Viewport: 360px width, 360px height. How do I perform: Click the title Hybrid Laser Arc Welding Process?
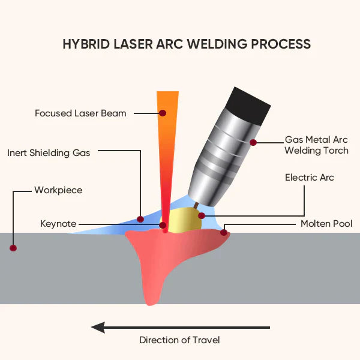(187, 44)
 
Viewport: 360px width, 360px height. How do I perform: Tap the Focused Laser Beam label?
(80, 113)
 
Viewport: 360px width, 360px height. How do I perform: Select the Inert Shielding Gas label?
(49, 152)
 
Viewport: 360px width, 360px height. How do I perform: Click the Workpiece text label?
(58, 190)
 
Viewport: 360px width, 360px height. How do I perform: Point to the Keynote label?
(58, 224)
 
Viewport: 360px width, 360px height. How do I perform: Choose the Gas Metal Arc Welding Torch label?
(316, 145)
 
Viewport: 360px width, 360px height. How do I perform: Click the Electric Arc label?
(309, 178)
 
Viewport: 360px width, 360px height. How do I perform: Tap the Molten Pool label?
(326, 224)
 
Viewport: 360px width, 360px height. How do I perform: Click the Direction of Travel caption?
(179, 340)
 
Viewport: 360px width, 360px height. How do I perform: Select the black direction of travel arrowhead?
(100, 328)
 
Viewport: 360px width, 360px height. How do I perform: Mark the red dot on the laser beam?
(163, 113)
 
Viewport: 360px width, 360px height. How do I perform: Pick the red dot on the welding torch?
(253, 143)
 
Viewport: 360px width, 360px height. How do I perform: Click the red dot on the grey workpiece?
(13, 247)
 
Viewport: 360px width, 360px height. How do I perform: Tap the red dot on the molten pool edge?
(224, 233)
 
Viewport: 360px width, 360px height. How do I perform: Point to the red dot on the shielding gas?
(140, 219)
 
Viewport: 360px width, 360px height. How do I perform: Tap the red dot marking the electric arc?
(202, 215)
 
